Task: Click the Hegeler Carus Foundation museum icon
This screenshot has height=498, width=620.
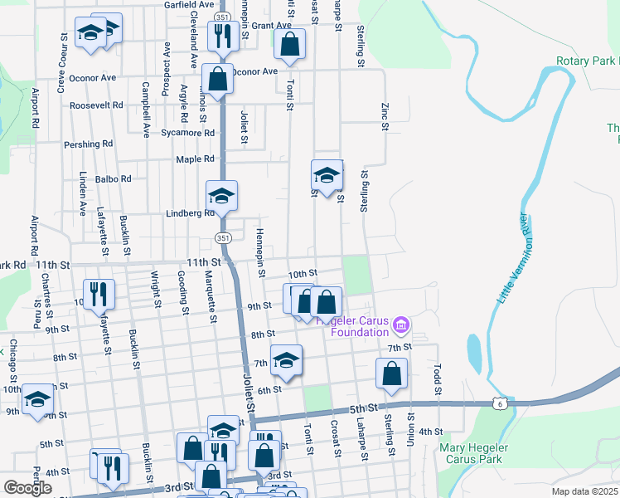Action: [x=402, y=322]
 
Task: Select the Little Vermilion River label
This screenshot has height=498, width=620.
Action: [x=512, y=258]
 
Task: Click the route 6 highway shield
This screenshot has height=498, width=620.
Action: [x=498, y=403]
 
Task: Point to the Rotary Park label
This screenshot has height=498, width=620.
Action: [x=587, y=61]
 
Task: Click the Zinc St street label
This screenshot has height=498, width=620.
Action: [x=385, y=116]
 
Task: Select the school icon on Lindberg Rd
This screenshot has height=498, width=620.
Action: [x=221, y=197]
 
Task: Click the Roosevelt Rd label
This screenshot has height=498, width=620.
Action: [x=96, y=105]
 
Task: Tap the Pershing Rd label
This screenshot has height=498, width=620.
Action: [x=88, y=144]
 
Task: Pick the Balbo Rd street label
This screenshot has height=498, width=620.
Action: [x=113, y=178]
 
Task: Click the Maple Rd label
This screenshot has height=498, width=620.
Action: [x=195, y=159]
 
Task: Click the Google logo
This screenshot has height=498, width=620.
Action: [x=27, y=487]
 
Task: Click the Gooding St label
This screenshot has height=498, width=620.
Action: [x=182, y=286]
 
